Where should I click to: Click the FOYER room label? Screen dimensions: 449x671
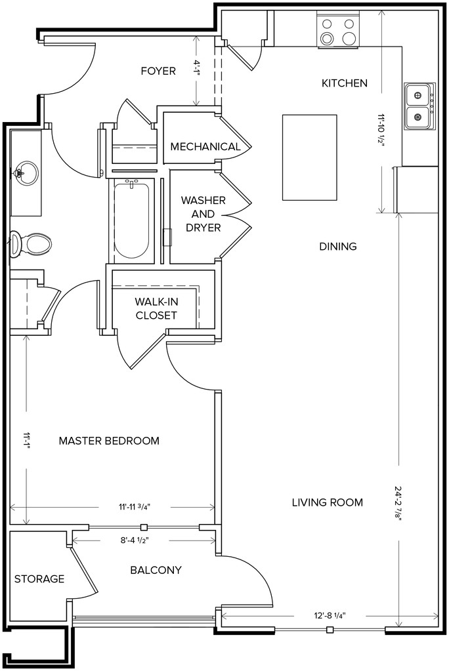[158, 71]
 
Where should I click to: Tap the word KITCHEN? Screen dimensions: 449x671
[345, 83]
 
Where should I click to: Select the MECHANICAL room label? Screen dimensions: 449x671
[205, 147]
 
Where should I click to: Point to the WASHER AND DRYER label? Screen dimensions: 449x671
[203, 214]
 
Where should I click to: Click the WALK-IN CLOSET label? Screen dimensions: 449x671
[156, 308]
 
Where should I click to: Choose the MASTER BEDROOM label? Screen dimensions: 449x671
[109, 441]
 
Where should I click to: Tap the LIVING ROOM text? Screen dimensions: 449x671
[328, 502]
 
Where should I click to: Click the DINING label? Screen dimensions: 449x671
[338, 247]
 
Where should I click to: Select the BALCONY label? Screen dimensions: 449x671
[156, 570]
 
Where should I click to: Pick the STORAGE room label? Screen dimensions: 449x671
[39, 579]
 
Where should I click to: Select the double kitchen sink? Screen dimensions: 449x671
[419, 106]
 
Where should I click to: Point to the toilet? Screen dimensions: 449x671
[30, 243]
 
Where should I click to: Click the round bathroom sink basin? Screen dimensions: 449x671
[25, 173]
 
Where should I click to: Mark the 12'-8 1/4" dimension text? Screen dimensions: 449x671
[329, 616]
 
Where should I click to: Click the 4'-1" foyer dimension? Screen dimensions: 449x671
[197, 68]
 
